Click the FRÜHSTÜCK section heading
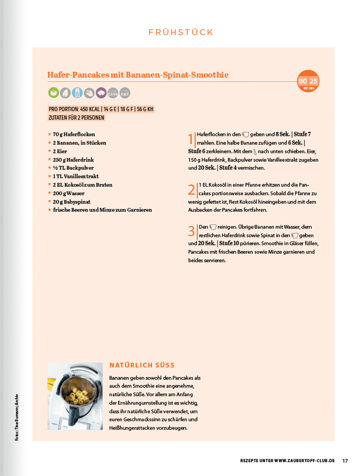click(x=181, y=32)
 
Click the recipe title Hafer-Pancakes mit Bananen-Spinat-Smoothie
click(x=138, y=75)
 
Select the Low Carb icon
click(x=113, y=93)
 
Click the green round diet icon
click(x=53, y=93)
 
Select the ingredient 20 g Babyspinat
click(x=73, y=201)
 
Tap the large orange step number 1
click(x=191, y=139)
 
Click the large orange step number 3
click(x=191, y=231)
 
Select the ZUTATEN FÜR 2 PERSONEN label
click(x=76, y=117)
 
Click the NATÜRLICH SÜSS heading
click(x=142, y=365)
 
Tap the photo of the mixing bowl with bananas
click(x=75, y=396)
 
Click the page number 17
click(x=345, y=460)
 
